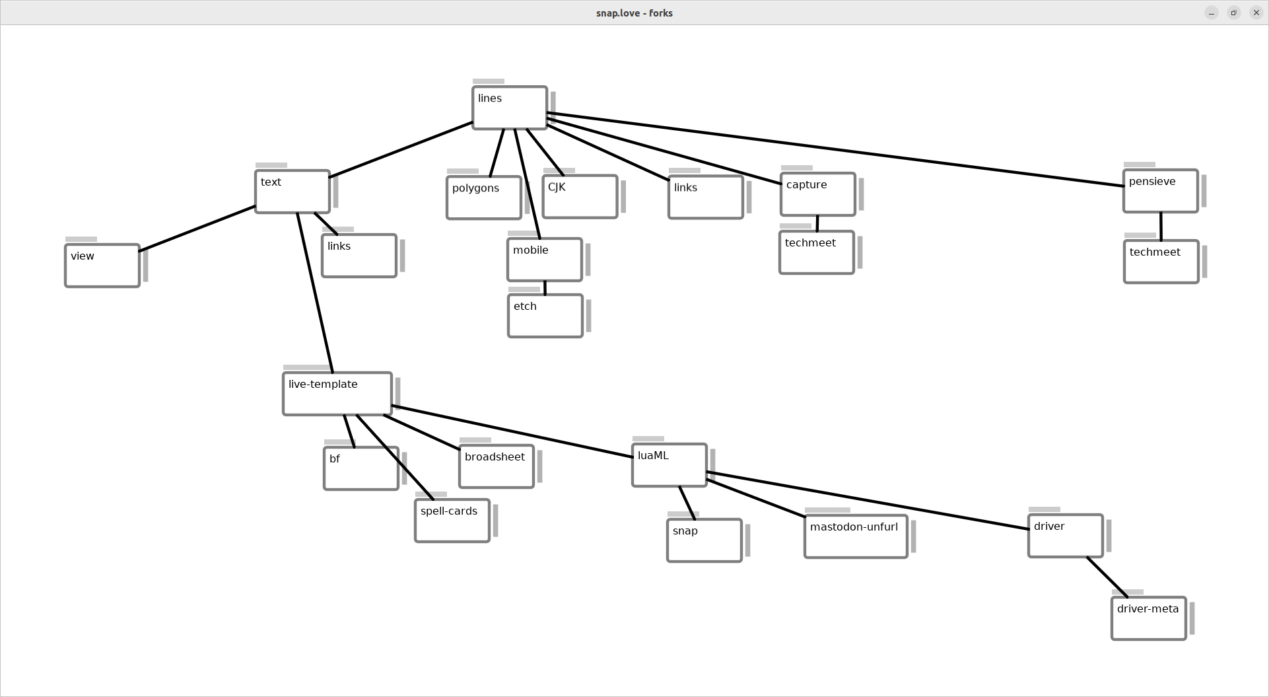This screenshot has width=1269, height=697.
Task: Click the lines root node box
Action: point(510,108)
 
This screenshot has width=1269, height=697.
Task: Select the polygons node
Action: point(484,198)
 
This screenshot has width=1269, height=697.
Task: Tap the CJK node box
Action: point(580,196)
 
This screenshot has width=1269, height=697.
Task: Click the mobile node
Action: point(545,260)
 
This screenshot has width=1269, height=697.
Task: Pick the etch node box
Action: point(545,316)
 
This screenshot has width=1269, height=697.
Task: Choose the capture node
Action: point(817,194)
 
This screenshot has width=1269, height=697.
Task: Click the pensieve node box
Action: point(1160,191)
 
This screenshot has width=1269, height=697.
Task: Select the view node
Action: point(102,266)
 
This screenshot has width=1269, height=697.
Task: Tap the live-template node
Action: point(337,394)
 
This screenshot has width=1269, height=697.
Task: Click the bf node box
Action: point(361,468)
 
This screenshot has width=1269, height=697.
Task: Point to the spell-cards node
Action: point(452,521)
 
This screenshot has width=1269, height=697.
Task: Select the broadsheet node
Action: point(497,466)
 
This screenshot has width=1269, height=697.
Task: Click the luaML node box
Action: point(669,465)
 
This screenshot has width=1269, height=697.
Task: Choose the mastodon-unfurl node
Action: point(856,536)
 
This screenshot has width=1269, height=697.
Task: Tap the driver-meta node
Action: point(1149,618)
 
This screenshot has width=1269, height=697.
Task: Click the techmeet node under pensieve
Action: point(1161,262)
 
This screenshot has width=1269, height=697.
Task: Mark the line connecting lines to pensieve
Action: point(835,149)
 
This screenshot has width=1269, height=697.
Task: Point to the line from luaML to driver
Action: point(868,501)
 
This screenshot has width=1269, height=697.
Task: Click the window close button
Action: point(1256,13)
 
